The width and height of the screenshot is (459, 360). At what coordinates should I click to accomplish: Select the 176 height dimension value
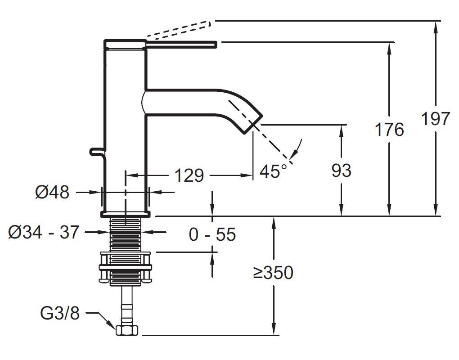click(389, 130)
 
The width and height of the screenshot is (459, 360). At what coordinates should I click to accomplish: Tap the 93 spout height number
click(341, 171)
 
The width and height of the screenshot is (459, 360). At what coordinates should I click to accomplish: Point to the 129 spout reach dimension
click(189, 175)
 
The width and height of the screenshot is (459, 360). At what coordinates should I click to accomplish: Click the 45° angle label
click(273, 171)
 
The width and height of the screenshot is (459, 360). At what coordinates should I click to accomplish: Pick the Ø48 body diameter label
click(52, 192)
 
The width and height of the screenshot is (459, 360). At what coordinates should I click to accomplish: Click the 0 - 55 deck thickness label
click(212, 234)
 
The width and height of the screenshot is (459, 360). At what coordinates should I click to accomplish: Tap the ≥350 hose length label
click(273, 273)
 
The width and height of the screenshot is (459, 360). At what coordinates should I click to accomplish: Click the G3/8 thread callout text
click(60, 314)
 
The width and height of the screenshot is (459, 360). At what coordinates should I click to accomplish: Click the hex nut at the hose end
click(127, 330)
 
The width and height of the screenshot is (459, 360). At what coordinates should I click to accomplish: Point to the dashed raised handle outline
click(179, 30)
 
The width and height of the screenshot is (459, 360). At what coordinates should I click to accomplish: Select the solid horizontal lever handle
click(181, 44)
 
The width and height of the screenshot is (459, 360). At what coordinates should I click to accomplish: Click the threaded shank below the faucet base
click(125, 234)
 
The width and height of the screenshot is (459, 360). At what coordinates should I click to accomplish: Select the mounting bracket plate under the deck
click(125, 267)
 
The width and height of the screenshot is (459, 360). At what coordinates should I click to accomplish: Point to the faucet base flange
click(125, 214)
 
